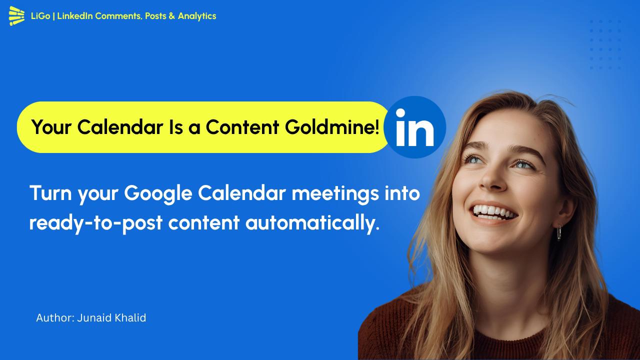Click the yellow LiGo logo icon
[16, 15]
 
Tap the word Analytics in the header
[197, 16]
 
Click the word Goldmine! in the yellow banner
[332, 127]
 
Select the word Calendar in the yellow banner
[120, 127]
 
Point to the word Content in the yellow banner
[242, 127]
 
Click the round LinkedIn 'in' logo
[414, 127]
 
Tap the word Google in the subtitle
[158, 194]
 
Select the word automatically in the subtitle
[312, 223]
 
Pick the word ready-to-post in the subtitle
[96, 223]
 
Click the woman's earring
[559, 232]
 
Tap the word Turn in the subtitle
[50, 193]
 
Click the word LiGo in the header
[40, 16]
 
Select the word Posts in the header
[155, 16]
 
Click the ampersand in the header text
[171, 16]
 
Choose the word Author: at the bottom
[55, 318]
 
